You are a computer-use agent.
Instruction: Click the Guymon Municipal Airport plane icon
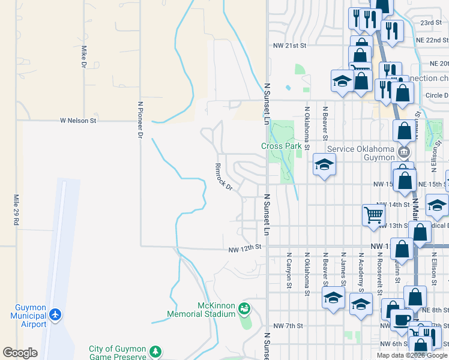56,314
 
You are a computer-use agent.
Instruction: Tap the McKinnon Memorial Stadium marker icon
244,309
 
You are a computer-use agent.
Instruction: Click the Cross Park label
281,146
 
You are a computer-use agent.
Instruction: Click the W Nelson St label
78,121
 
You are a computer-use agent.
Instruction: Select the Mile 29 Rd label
16,209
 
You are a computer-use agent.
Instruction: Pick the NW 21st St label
289,45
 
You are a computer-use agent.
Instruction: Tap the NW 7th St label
288,325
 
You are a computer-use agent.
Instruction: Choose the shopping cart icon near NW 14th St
373,214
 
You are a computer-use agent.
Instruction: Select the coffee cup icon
400,319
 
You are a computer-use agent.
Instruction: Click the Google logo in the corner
20,353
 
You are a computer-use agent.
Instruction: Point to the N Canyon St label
289,274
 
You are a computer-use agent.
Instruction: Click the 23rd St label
431,22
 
